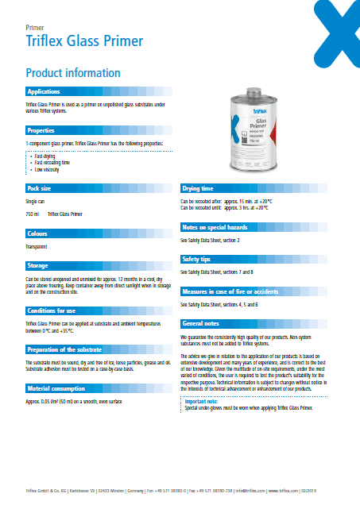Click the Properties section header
tap(41, 129)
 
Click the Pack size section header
tap(40, 188)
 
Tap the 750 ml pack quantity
tap(33, 214)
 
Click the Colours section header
tap(38, 234)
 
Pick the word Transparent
tap(37, 248)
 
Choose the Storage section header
tap(38, 266)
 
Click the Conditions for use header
tap(52, 310)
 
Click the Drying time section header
tap(198, 188)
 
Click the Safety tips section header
tap(196, 259)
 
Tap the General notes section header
tap(201, 324)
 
